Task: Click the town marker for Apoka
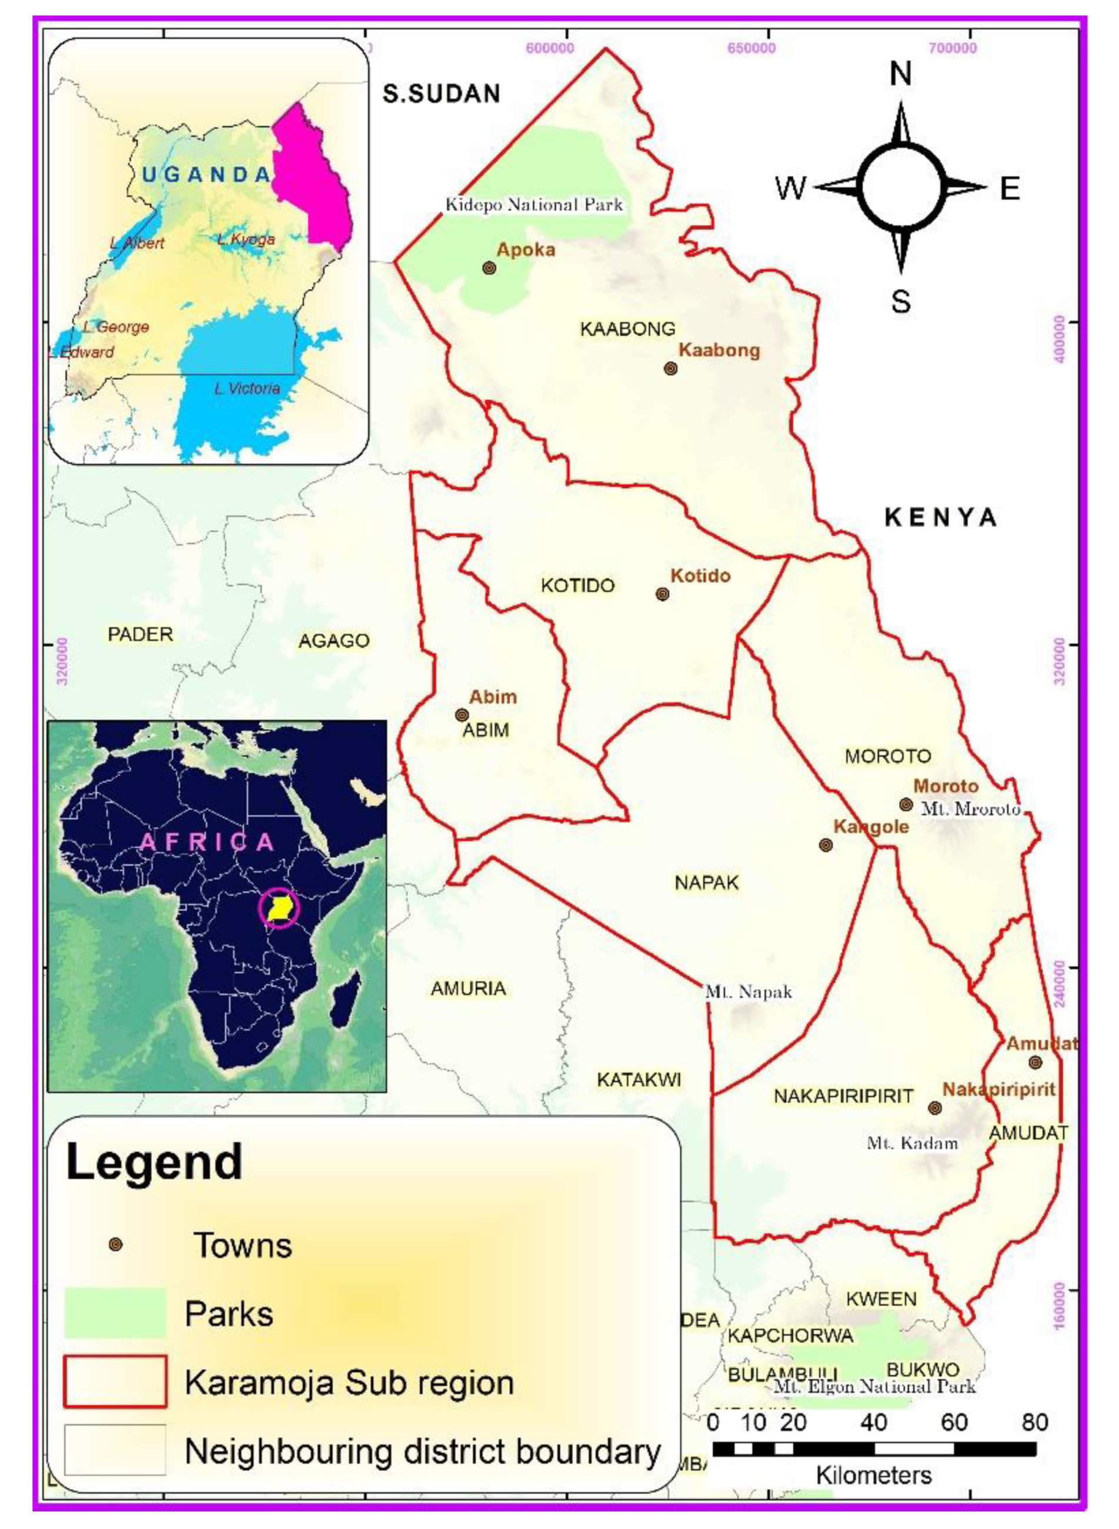(x=489, y=268)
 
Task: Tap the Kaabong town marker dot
(x=670, y=369)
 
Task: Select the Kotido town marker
(x=663, y=594)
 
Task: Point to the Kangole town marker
(x=825, y=845)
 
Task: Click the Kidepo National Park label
(x=534, y=205)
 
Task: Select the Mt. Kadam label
(x=913, y=1144)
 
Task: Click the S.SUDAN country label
(x=441, y=94)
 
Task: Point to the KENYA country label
(x=940, y=518)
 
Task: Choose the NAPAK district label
(x=706, y=882)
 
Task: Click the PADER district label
(x=140, y=634)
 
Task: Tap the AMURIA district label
(x=468, y=989)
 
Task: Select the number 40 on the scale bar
(x=874, y=1421)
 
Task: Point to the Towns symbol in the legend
(x=116, y=1244)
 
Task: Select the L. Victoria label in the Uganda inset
(x=246, y=388)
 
